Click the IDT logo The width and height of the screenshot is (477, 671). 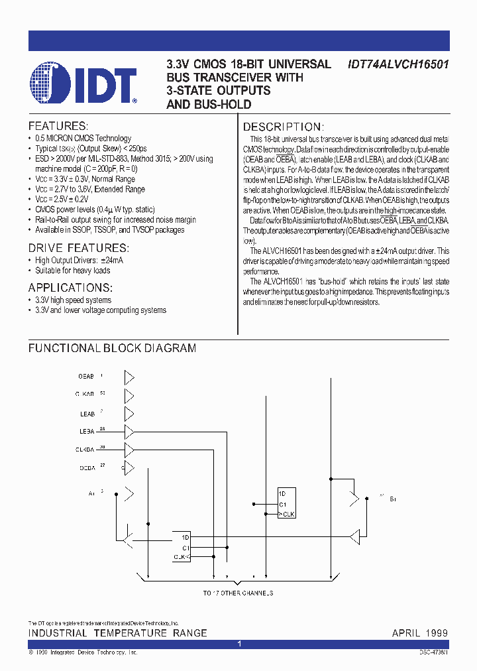pyautogui.click(x=82, y=85)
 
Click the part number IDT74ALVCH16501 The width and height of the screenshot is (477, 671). pyautogui.click(x=398, y=64)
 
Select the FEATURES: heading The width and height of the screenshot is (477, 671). pyautogui.click(x=58, y=126)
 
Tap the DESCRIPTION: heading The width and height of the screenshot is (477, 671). pyautogui.click(x=283, y=127)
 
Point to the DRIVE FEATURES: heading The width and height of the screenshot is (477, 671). pyautogui.click(x=78, y=248)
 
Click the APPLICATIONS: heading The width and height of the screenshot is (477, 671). pyautogui.click(x=70, y=288)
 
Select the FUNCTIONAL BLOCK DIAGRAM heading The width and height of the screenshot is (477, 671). pyautogui.click(x=112, y=348)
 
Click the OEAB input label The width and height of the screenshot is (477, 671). pyautogui.click(x=86, y=377)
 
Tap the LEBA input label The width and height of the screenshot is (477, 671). pyautogui.click(x=86, y=432)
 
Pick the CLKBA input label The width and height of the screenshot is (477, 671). pyautogui.click(x=85, y=450)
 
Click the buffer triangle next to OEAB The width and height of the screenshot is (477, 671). pyautogui.click(x=129, y=377)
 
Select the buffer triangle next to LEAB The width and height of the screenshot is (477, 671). pyautogui.click(x=129, y=414)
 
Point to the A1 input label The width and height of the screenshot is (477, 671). pyautogui.click(x=91, y=493)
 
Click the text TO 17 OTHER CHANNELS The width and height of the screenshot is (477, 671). pyautogui.click(x=238, y=593)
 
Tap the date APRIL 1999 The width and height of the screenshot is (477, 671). pyautogui.click(x=419, y=633)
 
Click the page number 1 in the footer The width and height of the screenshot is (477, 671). pyautogui.click(x=238, y=644)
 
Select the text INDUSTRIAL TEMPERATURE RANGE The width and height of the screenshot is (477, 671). pyautogui.click(x=117, y=633)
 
